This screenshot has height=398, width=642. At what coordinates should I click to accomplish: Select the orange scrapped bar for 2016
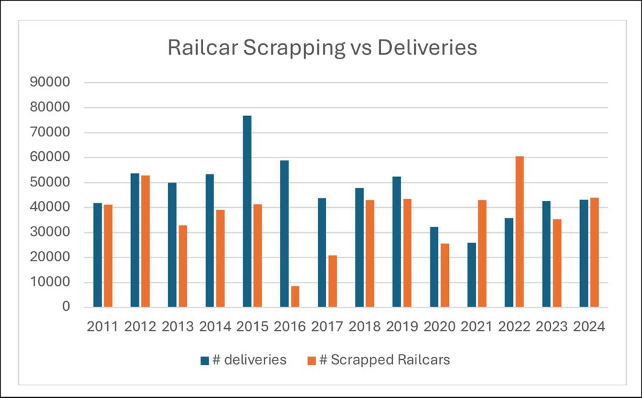[295, 296]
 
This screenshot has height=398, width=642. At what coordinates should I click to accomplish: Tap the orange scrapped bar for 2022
[519, 232]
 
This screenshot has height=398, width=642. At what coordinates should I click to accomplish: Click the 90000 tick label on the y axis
[55, 83]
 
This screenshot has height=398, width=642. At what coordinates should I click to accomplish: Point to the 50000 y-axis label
[55, 183]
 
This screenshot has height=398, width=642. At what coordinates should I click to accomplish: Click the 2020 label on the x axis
[439, 327]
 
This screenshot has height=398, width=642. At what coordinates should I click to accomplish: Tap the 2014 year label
[214, 327]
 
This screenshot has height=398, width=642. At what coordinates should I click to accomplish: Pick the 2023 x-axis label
[552, 327]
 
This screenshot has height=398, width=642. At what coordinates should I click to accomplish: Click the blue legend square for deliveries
[204, 360]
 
